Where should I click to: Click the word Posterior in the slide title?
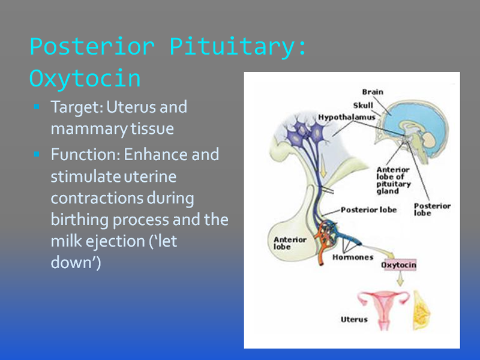(x=92, y=47)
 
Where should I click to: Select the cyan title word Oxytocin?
(x=85, y=79)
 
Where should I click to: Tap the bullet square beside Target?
(x=37, y=107)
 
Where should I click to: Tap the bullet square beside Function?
(x=37, y=154)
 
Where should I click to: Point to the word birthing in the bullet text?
(x=80, y=220)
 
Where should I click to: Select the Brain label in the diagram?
(x=373, y=92)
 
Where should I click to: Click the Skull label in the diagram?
(x=363, y=106)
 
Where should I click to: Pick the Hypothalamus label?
(x=347, y=117)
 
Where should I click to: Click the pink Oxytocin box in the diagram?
(x=398, y=265)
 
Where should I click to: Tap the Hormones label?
(x=353, y=257)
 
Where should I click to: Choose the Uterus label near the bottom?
(x=354, y=319)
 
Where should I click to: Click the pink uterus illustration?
(x=384, y=309)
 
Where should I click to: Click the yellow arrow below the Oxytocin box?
(x=400, y=278)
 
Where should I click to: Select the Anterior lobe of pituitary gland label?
(x=394, y=181)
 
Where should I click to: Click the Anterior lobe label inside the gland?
(x=290, y=243)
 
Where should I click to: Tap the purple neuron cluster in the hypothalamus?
(x=305, y=131)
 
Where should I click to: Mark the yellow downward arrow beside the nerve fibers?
(x=323, y=166)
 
